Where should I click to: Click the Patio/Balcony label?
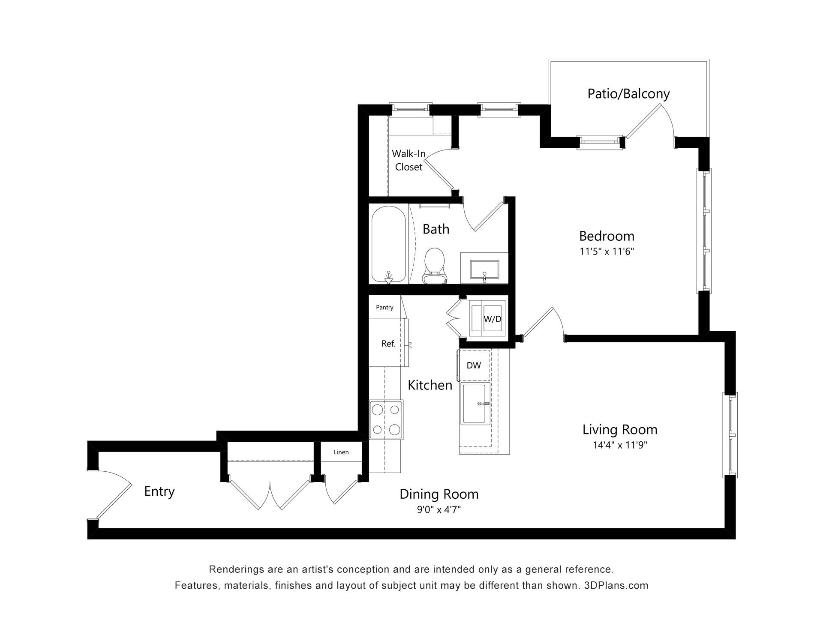628,94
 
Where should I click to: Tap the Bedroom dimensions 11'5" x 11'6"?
607,251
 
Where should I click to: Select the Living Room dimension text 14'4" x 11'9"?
620,445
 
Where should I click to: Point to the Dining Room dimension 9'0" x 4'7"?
439,509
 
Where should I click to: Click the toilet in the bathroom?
435,266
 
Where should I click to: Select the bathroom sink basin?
484,269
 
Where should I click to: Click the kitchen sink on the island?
475,404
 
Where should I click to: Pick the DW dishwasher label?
474,365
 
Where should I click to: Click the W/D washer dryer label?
493,319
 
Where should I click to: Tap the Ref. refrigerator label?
388,344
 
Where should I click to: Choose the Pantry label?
384,307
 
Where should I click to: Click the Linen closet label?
341,452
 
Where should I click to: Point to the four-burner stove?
386,420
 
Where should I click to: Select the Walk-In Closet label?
408,160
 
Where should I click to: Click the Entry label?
159,491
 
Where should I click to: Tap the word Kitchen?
430,385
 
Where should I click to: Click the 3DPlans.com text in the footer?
616,585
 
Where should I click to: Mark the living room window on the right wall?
730,435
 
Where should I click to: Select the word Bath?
436,229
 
